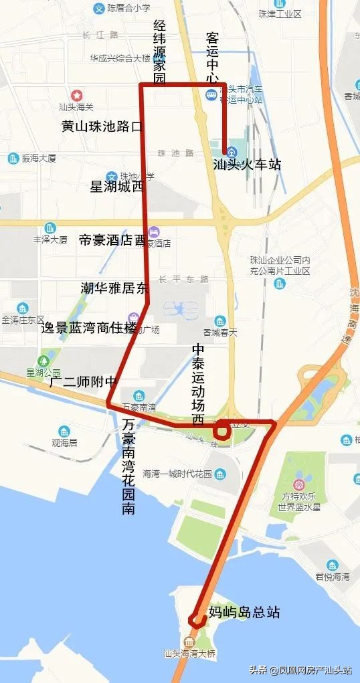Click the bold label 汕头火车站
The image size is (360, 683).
(x=246, y=165)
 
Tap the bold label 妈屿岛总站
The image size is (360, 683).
(x=244, y=612)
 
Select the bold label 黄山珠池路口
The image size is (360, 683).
(x=102, y=126)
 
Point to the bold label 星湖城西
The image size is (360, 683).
(x=116, y=187)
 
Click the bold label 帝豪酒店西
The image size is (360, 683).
(x=112, y=240)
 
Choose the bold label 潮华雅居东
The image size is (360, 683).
(x=114, y=288)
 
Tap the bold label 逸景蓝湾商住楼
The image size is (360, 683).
(x=88, y=328)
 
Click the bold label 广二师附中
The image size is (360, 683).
(x=83, y=382)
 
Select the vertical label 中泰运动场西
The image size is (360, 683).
(x=198, y=385)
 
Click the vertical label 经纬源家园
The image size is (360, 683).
(x=159, y=54)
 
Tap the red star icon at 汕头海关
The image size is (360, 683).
(x=77, y=96)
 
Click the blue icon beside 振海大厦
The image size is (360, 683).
(x=13, y=159)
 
